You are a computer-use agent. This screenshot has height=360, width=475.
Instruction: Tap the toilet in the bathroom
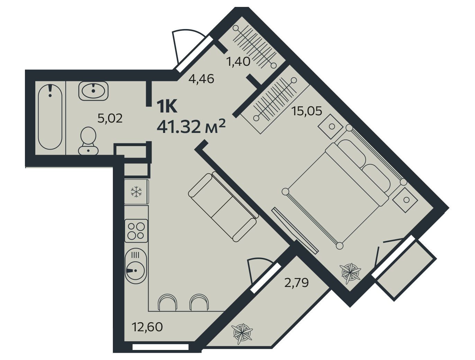(x=88, y=141)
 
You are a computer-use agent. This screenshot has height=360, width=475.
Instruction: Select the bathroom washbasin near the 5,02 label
(x=93, y=91)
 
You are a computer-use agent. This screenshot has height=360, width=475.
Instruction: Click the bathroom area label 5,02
(x=110, y=118)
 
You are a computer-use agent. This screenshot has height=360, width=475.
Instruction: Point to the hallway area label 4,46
(x=201, y=79)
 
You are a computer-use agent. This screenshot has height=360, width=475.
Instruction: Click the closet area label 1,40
(x=238, y=62)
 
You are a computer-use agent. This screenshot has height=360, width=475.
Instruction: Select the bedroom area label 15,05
(x=307, y=111)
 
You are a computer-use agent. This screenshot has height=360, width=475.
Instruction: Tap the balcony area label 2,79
(x=296, y=283)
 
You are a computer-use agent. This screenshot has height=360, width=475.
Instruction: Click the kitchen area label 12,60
(x=147, y=327)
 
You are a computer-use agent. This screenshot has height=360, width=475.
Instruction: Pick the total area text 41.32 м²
(x=191, y=127)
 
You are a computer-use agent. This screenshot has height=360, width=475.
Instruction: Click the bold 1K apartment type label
(x=167, y=106)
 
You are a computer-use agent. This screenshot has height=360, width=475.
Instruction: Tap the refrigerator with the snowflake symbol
(x=137, y=192)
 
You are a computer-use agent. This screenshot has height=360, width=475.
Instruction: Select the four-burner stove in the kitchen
(x=136, y=231)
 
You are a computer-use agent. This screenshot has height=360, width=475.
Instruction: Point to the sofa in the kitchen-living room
(x=224, y=207)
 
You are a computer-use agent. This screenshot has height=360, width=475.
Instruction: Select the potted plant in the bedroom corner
(x=350, y=273)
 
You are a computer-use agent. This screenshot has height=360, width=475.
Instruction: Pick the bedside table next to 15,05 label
(x=332, y=126)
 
